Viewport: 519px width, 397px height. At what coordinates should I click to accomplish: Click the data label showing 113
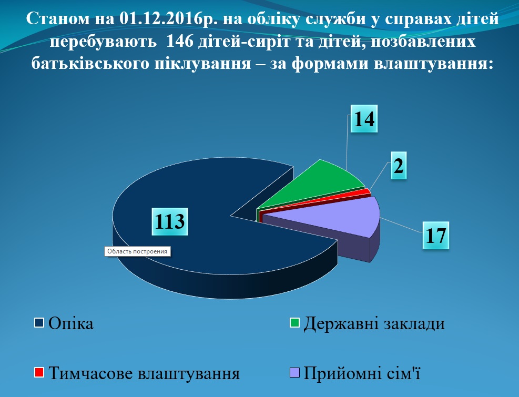pos(170,221)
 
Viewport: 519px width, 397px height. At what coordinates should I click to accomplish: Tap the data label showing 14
pos(364,119)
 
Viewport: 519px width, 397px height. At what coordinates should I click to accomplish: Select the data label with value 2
pos(399,165)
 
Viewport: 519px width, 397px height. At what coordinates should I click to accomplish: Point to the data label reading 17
pos(435,235)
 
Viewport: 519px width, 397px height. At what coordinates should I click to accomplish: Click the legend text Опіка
pos(71,323)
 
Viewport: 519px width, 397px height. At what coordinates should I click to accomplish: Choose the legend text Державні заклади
pos(374,323)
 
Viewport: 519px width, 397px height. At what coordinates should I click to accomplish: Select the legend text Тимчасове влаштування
pos(144,373)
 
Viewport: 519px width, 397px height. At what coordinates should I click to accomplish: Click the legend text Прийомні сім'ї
pos(362,373)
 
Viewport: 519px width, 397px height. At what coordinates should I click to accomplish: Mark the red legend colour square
pos(39,372)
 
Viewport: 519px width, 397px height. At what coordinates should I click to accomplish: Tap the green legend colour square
pos(294,322)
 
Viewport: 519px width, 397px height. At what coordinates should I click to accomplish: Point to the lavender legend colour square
pos(294,372)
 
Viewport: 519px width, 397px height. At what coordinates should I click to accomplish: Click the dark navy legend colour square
pos(39,322)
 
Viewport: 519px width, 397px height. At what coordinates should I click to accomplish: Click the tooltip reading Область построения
pos(137,251)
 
